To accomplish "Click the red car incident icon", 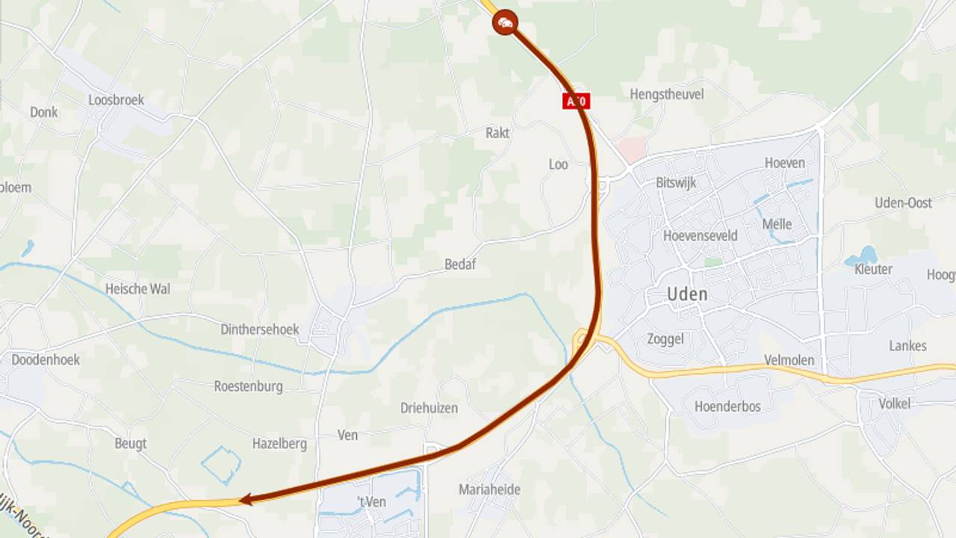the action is [x=506, y=23].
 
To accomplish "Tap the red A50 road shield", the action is [x=576, y=101].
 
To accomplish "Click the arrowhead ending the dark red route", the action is [x=244, y=500].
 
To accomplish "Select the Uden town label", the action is [x=687, y=294].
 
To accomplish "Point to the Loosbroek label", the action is [x=116, y=100].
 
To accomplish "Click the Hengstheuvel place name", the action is [x=666, y=94].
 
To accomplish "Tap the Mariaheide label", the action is [x=489, y=489].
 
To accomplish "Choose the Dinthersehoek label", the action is [x=259, y=330].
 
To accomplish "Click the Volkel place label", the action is [x=894, y=403].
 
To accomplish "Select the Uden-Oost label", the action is [x=903, y=202].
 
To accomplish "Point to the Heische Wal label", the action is [x=137, y=288].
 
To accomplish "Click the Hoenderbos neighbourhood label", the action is [x=727, y=406].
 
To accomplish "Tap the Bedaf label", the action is [x=460, y=265].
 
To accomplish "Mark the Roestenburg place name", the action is [x=248, y=386].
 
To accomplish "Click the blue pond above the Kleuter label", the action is [x=865, y=256].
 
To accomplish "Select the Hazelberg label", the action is [x=279, y=444].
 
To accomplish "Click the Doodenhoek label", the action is [x=45, y=359].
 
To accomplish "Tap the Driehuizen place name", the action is [x=429, y=408].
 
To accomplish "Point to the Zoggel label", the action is [x=665, y=339].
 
